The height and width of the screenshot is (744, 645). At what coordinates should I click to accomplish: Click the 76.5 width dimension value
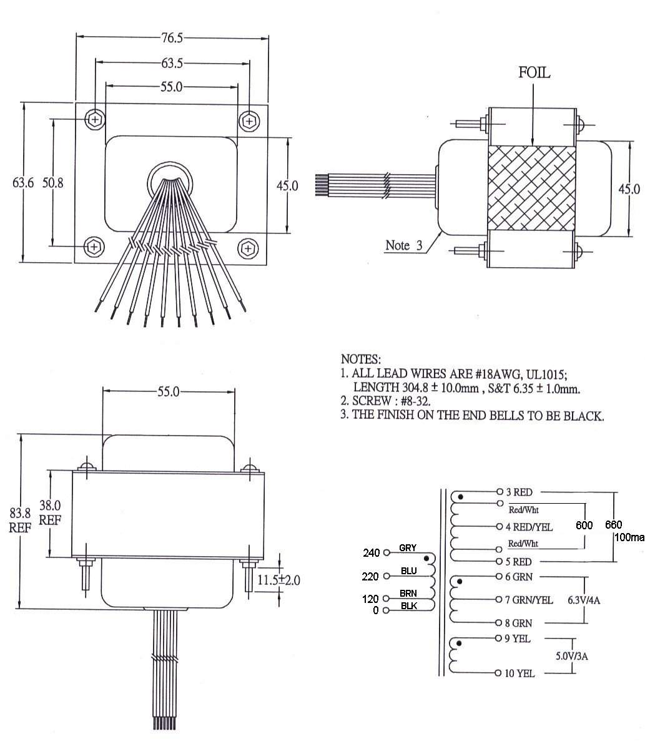click(172, 38)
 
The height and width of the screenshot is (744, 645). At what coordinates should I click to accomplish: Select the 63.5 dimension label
click(172, 63)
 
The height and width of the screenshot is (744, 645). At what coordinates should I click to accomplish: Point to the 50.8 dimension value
click(52, 183)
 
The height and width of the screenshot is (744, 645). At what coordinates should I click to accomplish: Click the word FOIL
click(534, 73)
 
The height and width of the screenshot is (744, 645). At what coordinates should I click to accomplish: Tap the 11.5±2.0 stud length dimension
click(279, 580)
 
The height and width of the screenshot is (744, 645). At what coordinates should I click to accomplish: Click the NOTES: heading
click(360, 360)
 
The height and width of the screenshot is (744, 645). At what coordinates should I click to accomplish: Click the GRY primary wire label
click(407, 548)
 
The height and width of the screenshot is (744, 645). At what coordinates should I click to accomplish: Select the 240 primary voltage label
click(372, 553)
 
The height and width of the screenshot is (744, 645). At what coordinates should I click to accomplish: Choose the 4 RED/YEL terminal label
click(529, 527)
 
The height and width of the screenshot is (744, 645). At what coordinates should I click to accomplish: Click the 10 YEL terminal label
click(519, 673)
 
